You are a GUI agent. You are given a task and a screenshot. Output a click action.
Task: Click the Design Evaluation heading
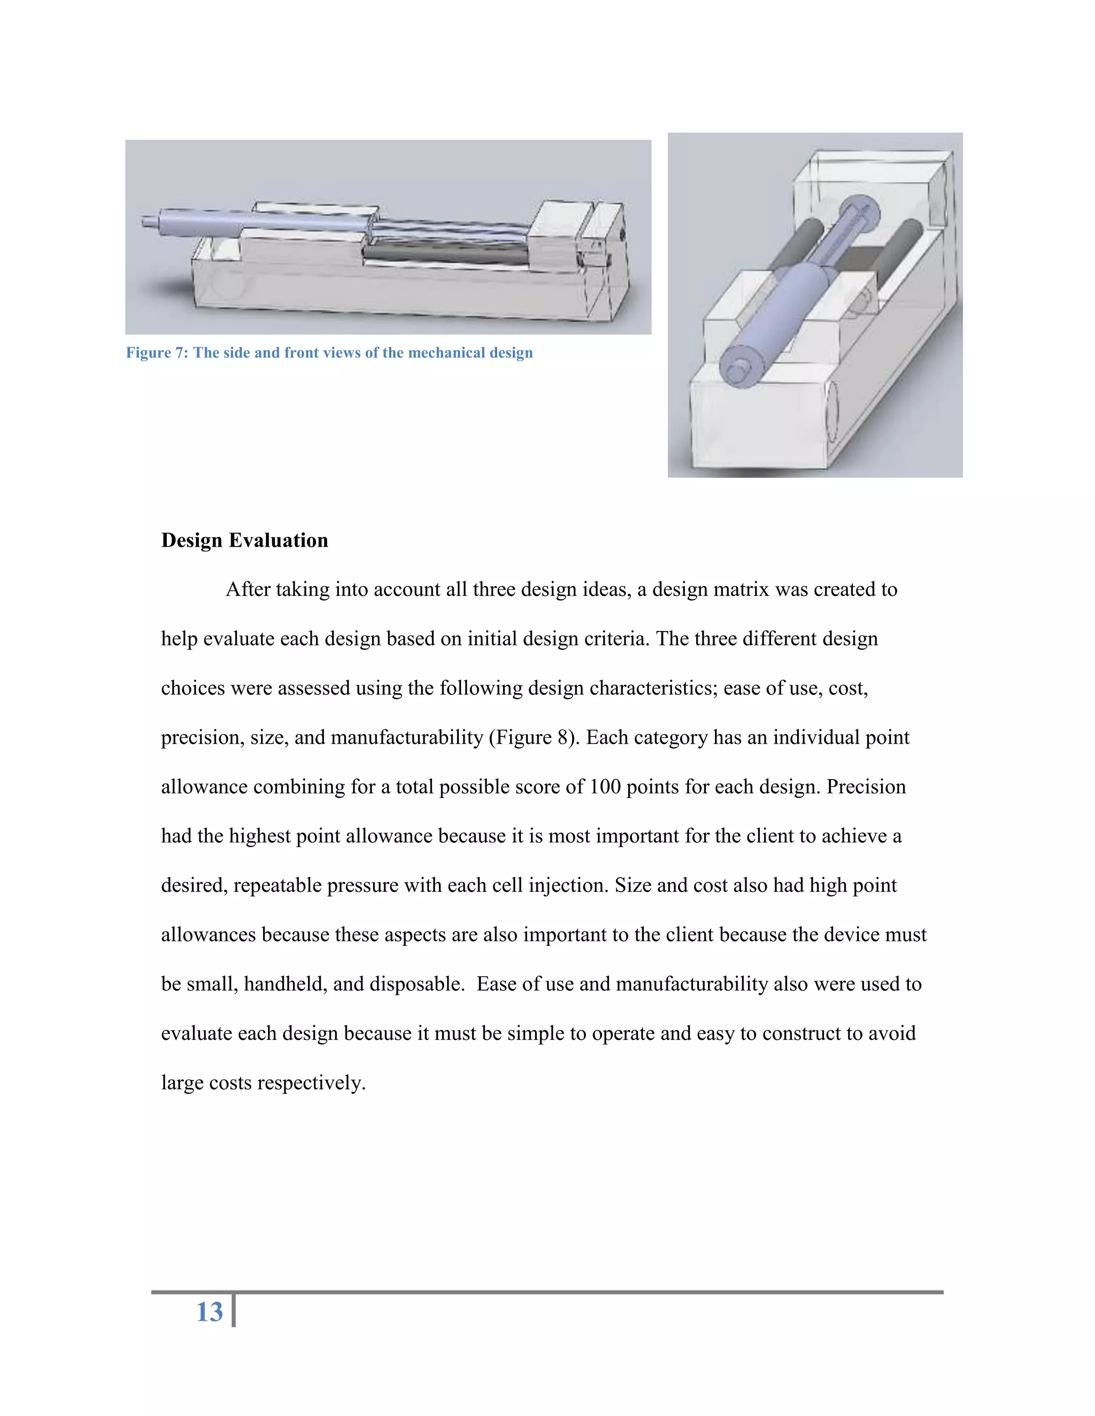tap(244, 540)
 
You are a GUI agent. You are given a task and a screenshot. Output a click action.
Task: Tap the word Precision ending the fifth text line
tap(866, 787)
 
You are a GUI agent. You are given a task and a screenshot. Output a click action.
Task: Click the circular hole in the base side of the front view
tap(833, 410)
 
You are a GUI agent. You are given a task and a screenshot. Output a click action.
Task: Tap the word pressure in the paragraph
tap(362, 885)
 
